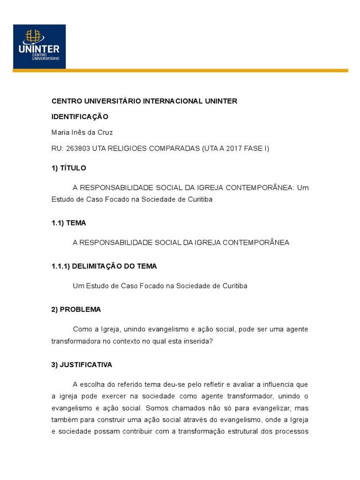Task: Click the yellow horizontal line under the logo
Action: coord(180,71)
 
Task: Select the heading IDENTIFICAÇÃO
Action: coord(80,116)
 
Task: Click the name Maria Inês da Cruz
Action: coord(82,133)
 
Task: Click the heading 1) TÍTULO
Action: coord(68,168)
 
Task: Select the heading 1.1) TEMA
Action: coord(68,223)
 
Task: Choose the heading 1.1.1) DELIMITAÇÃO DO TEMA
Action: coord(104,266)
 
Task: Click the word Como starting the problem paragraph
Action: coord(82,330)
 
